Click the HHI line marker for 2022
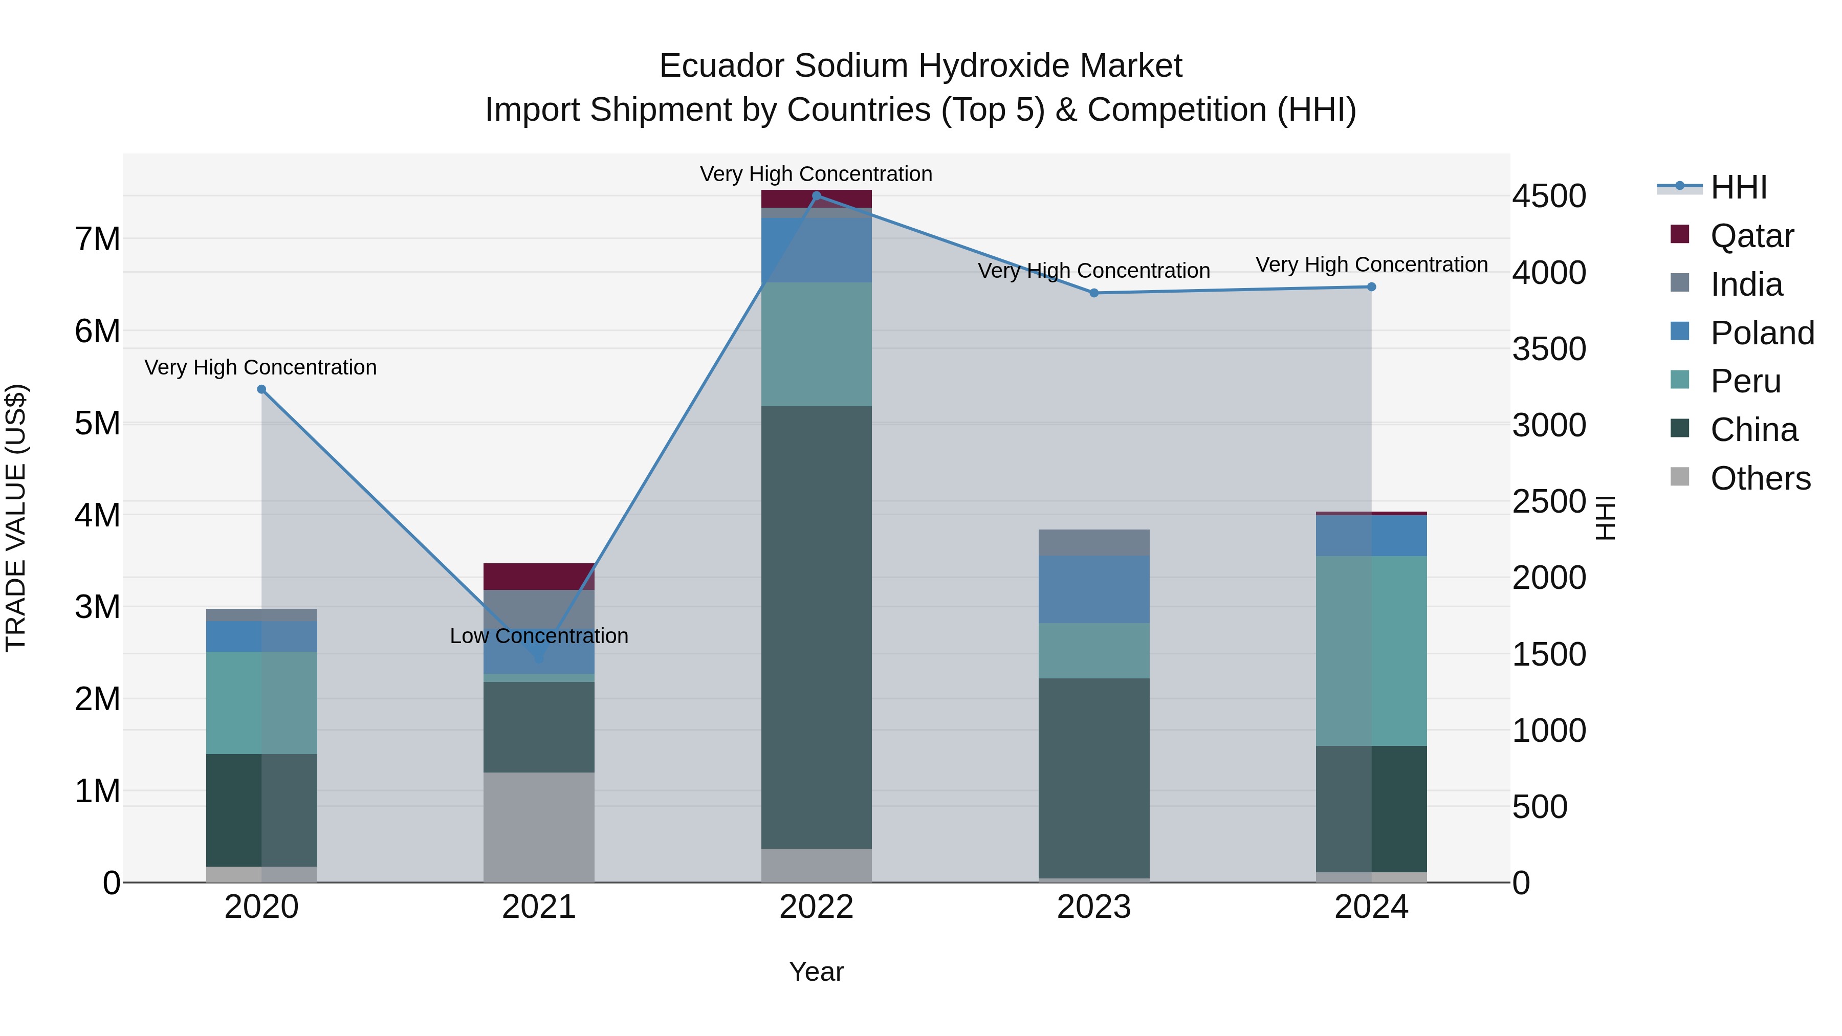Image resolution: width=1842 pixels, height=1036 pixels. [817, 196]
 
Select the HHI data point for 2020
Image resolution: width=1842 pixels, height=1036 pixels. [261, 390]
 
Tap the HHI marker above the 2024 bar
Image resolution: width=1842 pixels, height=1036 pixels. [1371, 286]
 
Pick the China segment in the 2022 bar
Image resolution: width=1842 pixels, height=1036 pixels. [817, 627]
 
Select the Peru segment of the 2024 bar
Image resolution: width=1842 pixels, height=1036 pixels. [1371, 651]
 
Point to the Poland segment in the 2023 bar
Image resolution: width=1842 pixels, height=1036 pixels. [1094, 589]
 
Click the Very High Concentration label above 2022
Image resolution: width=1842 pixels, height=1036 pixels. [816, 174]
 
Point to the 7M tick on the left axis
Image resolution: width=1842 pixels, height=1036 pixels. [97, 239]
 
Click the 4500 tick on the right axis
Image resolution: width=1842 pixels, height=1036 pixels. [1549, 196]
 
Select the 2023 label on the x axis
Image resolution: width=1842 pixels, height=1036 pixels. [1094, 907]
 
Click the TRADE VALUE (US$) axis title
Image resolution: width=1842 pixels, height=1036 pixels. [16, 518]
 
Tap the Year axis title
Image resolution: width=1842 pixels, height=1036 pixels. [816, 972]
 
